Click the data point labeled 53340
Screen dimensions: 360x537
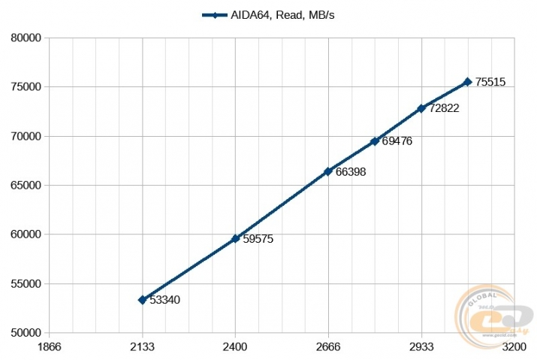coord(142,300)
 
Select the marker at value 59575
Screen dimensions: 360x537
coord(235,238)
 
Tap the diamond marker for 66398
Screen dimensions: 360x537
coord(328,171)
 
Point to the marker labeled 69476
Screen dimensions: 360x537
coord(375,141)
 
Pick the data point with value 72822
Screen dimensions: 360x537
coord(421,108)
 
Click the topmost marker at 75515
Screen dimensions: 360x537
coord(467,82)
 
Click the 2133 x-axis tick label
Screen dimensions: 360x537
coord(142,346)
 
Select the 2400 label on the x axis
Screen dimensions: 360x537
coord(235,346)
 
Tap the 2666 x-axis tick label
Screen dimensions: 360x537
coord(328,346)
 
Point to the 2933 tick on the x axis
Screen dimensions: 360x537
coord(421,346)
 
